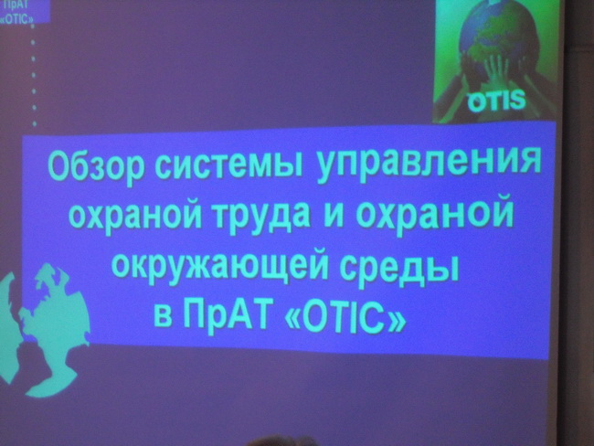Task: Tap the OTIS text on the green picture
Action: pos(496,101)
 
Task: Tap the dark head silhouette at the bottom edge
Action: pos(282,441)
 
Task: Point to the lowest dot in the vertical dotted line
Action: pos(35,123)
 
